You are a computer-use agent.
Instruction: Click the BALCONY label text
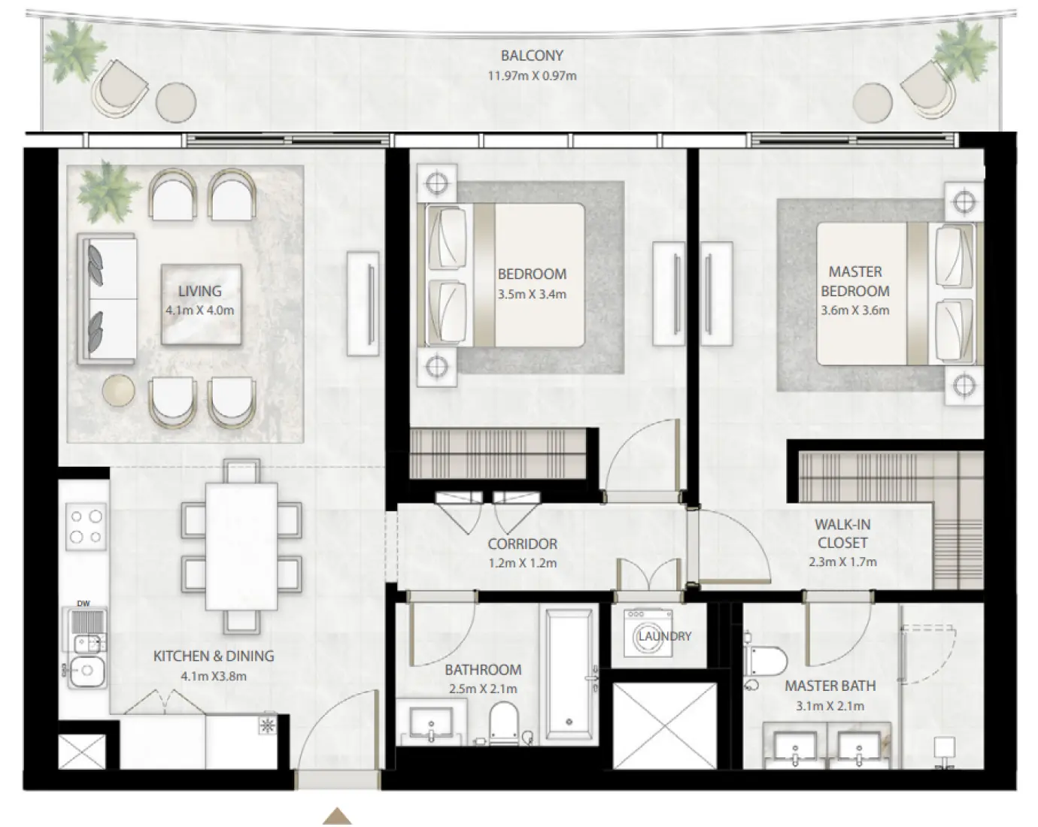(x=532, y=56)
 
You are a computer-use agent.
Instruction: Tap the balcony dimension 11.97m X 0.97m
(x=532, y=76)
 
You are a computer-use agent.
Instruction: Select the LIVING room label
(x=199, y=291)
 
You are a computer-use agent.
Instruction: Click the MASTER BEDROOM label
(x=854, y=281)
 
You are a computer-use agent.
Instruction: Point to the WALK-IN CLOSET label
(x=842, y=533)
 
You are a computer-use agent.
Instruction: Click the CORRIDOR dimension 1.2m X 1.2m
(x=522, y=563)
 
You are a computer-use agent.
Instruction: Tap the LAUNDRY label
(x=665, y=636)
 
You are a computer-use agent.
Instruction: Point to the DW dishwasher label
(x=83, y=603)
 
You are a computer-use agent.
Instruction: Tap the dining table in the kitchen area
(x=241, y=546)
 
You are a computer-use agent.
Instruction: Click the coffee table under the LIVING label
(x=202, y=304)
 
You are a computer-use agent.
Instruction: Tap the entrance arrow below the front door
(x=338, y=816)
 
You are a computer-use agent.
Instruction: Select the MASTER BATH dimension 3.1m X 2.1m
(x=830, y=706)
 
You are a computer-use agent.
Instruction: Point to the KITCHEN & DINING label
(x=214, y=656)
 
